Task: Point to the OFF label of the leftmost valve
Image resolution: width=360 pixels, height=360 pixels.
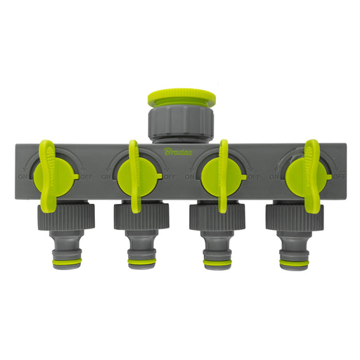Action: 87,176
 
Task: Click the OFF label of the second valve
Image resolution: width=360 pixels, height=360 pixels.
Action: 171,177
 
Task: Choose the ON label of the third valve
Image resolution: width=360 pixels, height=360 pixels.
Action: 190,177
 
